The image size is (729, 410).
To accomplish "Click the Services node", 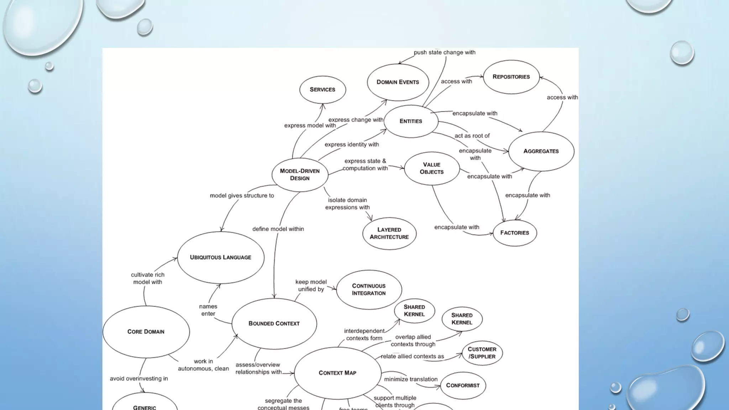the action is (x=322, y=89).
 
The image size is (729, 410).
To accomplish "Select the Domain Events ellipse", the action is (x=398, y=82).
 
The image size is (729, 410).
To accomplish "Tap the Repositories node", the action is (x=511, y=77).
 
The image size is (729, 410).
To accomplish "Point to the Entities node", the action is (x=411, y=121).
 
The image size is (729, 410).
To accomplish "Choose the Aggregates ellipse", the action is (x=541, y=151).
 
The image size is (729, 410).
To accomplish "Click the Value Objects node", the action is (x=431, y=168).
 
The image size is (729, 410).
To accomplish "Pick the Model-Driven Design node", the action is (x=300, y=174).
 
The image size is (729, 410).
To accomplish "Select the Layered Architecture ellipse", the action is (x=389, y=233).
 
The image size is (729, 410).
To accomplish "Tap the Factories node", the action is (x=514, y=232).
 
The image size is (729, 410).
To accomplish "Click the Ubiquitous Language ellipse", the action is (x=220, y=257).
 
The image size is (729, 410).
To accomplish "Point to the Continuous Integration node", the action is (x=369, y=289).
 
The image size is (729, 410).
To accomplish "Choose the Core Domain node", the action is (x=146, y=331).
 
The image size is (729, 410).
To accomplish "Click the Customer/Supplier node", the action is (x=482, y=353).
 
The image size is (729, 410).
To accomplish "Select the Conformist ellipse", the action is (x=463, y=385).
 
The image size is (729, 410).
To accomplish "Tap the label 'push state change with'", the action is (x=444, y=52).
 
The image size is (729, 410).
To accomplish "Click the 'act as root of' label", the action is (x=472, y=136).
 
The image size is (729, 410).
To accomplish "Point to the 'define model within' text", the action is (x=278, y=229).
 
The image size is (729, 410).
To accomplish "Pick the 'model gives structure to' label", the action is (x=242, y=195).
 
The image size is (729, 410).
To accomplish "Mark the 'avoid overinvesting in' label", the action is (x=139, y=378).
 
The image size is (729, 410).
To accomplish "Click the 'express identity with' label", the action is (x=352, y=144).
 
